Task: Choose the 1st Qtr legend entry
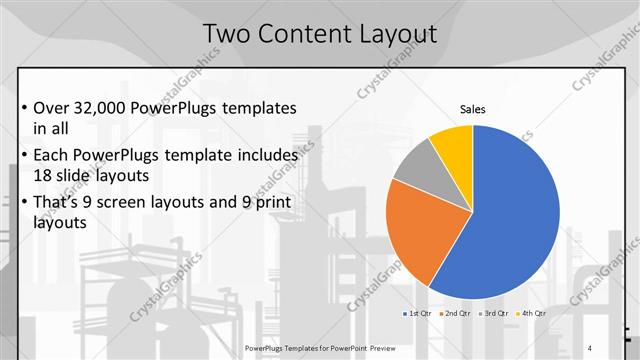(417, 313)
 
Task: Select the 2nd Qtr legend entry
(457, 313)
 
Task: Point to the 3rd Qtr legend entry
(496, 313)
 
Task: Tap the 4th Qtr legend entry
(534, 313)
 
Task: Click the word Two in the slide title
(226, 35)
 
